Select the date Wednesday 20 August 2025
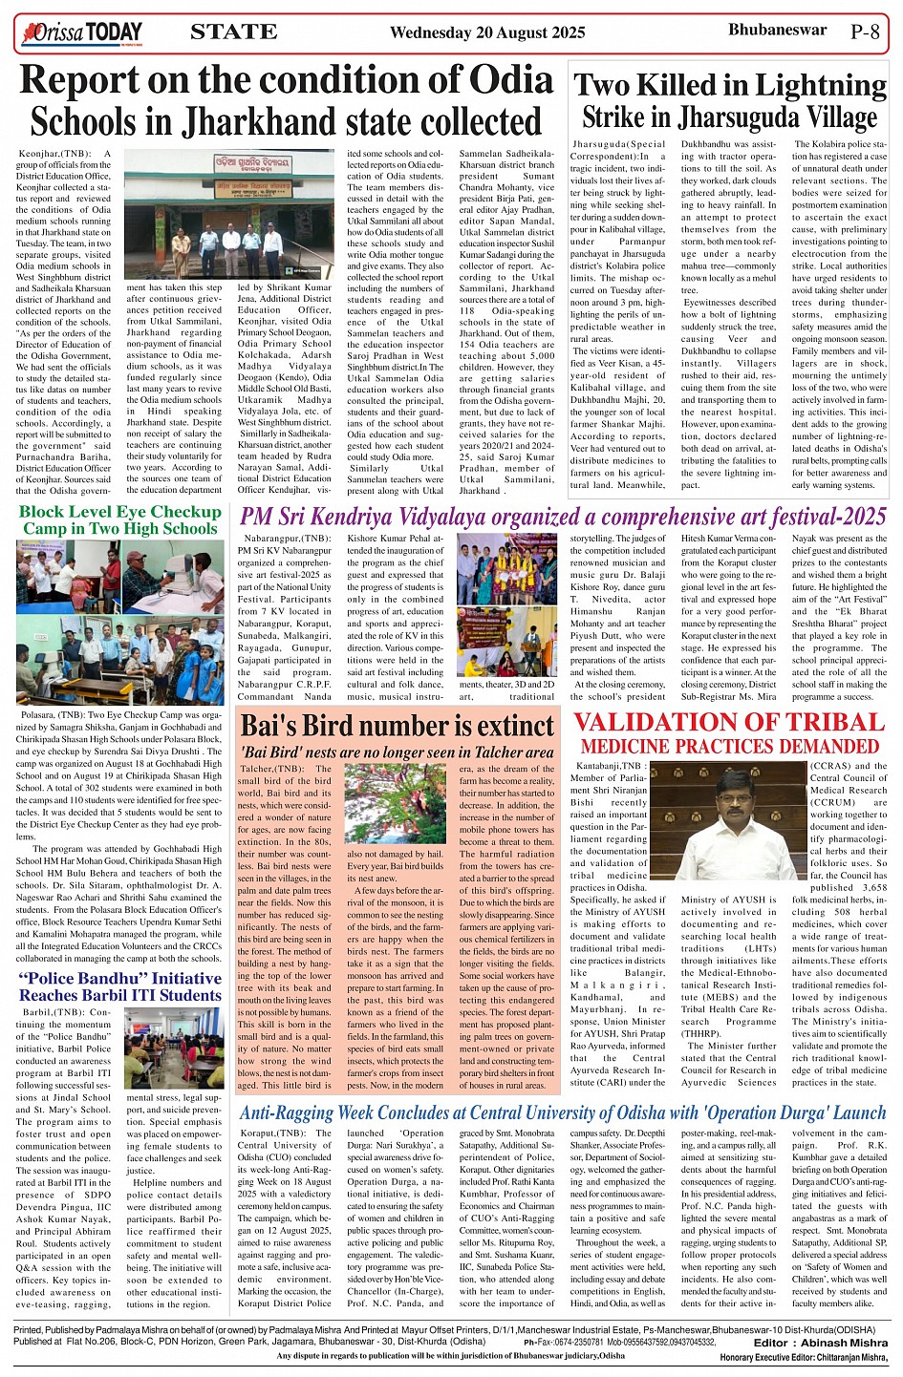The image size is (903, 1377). tap(487, 32)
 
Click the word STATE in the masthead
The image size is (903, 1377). tap(234, 32)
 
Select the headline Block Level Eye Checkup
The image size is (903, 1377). tap(119, 512)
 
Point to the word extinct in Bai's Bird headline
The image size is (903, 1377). tap(503, 725)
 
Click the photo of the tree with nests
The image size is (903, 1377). tap(394, 802)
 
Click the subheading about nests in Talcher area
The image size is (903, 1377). tap(397, 752)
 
